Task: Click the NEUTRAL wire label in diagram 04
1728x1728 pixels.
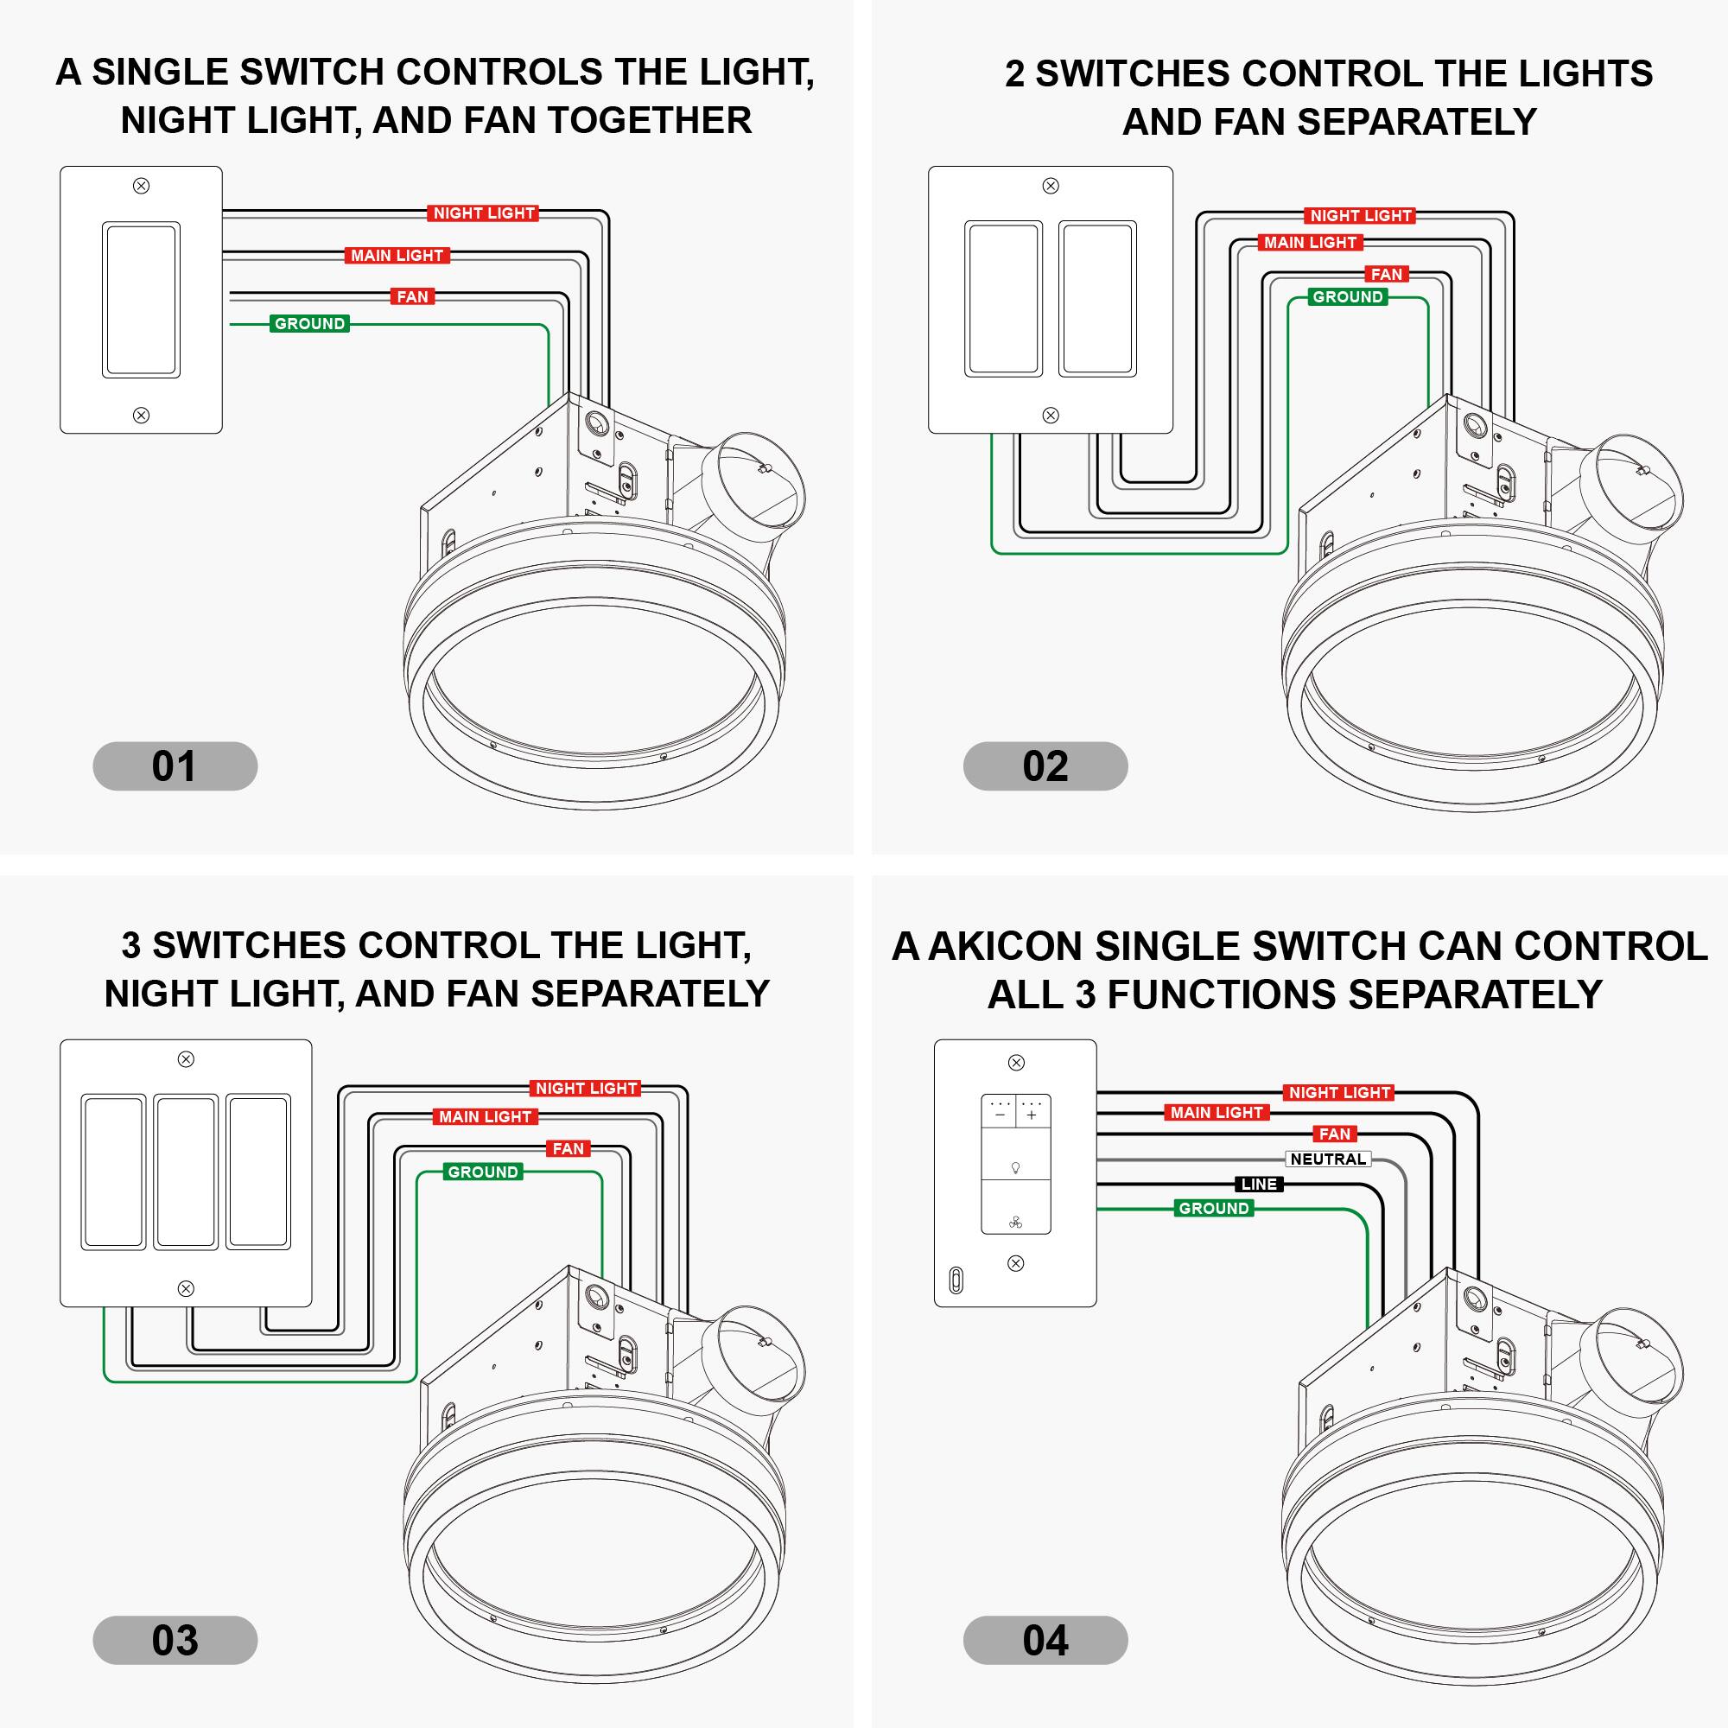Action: (x=1328, y=1159)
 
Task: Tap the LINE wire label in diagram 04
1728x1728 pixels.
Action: (x=1260, y=1185)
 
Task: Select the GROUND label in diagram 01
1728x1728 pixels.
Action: (x=309, y=324)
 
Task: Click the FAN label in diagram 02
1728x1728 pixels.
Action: (x=1387, y=275)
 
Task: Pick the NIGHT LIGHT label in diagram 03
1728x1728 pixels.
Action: (x=586, y=1089)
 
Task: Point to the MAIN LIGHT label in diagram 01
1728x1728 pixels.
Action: (x=397, y=256)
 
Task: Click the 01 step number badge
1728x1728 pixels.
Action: (x=175, y=766)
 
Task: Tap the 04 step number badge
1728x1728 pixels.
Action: (x=1045, y=1640)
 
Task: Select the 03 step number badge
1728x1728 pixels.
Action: (x=175, y=1640)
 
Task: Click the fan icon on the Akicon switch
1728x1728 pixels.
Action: (x=1015, y=1223)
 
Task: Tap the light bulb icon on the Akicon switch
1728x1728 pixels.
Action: (x=1015, y=1168)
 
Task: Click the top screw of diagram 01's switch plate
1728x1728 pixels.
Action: (x=141, y=186)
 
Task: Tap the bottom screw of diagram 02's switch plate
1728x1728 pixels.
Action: (x=1051, y=415)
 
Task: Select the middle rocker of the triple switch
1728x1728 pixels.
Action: (x=185, y=1171)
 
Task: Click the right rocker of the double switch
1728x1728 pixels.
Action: (x=1097, y=299)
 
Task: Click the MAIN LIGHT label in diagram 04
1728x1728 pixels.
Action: (x=1217, y=1113)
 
